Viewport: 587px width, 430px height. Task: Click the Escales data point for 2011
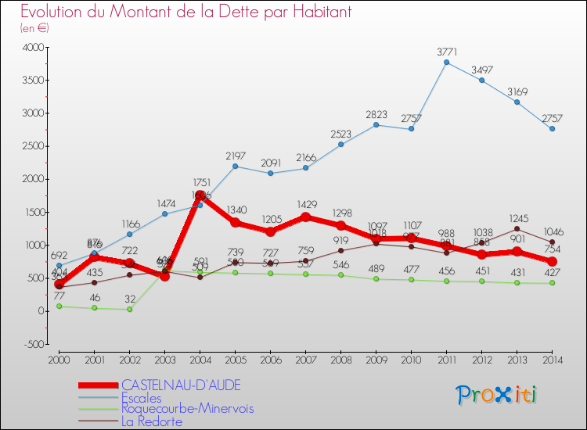point(446,63)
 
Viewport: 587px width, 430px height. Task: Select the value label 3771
point(446,52)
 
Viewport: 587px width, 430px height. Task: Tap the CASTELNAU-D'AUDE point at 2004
point(200,195)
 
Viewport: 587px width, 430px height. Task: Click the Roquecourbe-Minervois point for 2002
point(129,309)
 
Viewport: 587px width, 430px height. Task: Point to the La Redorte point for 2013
point(517,229)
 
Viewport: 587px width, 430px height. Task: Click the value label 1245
point(517,218)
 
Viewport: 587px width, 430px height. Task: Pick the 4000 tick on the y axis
point(34,48)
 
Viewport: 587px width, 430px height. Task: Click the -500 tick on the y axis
point(34,344)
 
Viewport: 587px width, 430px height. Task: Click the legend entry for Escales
point(142,398)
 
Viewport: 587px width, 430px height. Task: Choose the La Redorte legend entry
point(152,422)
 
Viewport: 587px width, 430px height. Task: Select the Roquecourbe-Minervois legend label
point(187,409)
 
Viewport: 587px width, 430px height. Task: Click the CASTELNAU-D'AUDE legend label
point(181,385)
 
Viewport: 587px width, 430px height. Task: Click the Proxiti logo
point(496,395)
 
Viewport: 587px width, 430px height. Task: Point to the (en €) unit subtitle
point(34,28)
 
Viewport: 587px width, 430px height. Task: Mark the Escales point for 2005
point(235,166)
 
